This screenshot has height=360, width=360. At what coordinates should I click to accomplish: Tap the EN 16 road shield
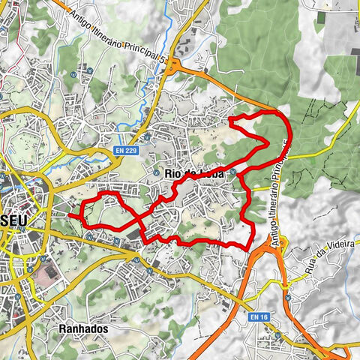coord(259,317)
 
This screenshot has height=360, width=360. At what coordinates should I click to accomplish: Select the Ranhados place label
coord(83,328)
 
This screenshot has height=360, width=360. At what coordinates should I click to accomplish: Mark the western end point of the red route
coord(70,215)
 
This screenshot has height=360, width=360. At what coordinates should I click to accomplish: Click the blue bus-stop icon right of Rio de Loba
coord(233,172)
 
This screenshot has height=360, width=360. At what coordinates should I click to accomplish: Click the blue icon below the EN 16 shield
coord(277,335)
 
